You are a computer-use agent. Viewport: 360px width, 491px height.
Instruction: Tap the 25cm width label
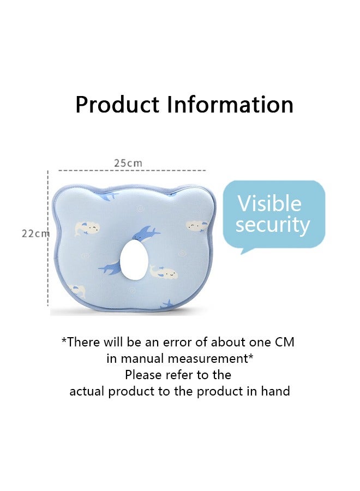(x=128, y=163)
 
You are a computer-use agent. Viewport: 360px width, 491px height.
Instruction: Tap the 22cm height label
(x=35, y=233)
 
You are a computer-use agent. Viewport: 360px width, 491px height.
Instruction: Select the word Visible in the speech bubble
(x=269, y=203)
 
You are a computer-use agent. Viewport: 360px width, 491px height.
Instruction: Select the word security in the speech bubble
(x=273, y=225)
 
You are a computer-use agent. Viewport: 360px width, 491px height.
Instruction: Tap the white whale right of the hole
(x=165, y=272)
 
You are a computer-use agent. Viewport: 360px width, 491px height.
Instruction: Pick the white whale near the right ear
(x=196, y=225)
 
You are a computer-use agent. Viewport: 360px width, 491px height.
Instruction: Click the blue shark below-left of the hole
(x=111, y=267)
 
